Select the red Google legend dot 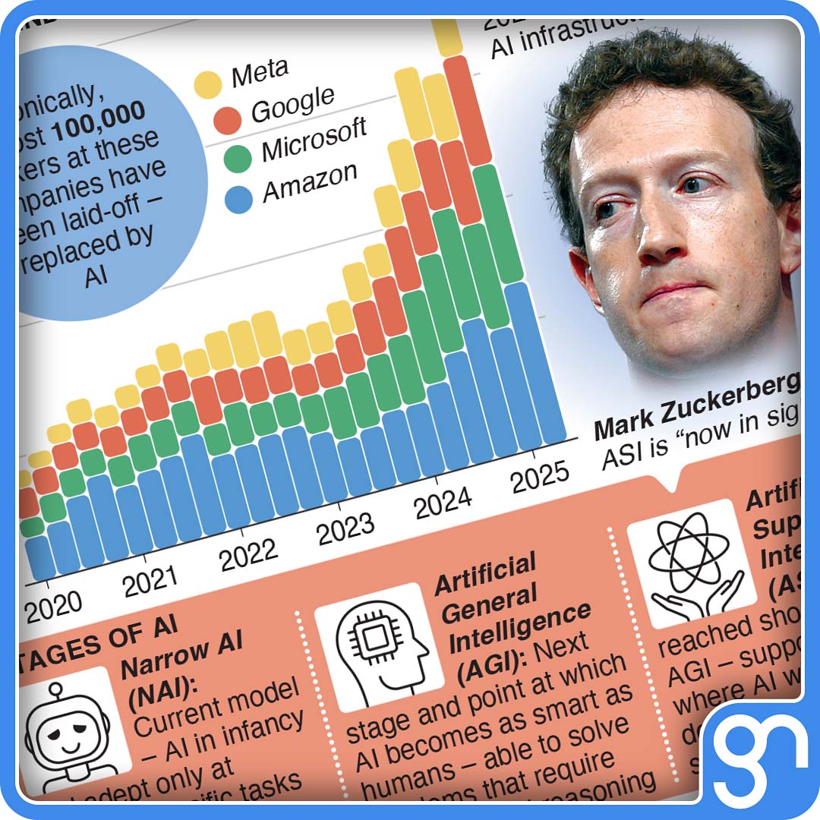226,118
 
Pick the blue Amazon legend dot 239,200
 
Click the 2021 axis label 150,582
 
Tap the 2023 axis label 345,529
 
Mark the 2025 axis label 539,478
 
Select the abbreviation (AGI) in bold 490,668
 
